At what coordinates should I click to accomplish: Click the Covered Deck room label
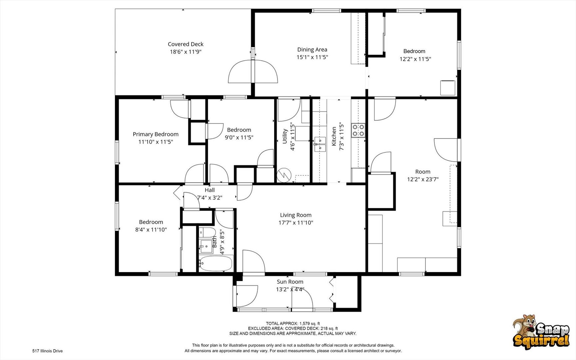(186, 44)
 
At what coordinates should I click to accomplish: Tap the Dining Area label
(312, 50)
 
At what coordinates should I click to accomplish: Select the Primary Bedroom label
(156, 134)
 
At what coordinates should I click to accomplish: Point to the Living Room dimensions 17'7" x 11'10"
(296, 223)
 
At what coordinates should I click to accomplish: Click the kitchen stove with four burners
(358, 130)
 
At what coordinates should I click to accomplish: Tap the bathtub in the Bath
(216, 263)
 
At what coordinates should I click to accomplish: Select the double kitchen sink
(320, 144)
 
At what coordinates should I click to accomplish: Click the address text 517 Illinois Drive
(47, 351)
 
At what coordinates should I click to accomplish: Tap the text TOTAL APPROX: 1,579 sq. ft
(293, 323)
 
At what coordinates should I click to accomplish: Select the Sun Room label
(290, 282)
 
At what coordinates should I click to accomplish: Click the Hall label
(210, 190)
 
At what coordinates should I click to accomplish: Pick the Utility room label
(285, 136)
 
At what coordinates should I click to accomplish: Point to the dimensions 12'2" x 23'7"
(423, 179)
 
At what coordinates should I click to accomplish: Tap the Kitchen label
(334, 136)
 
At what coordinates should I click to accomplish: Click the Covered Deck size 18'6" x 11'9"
(186, 52)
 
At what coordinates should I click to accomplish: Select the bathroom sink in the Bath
(206, 246)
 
